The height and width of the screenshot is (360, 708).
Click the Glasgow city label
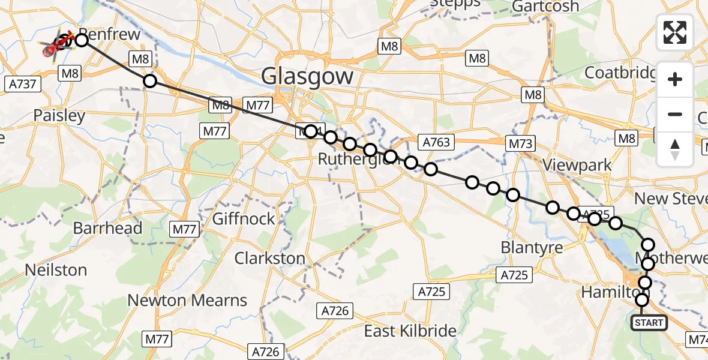click(307, 77)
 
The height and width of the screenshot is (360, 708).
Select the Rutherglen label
click(354, 160)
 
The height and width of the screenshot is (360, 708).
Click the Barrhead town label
click(107, 229)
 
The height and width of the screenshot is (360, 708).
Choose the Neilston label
click(56, 270)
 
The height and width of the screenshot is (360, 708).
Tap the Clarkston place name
click(269, 259)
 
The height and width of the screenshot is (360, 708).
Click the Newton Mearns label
click(187, 300)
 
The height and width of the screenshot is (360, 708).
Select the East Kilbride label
click(410, 331)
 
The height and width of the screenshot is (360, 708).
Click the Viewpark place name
click(577, 165)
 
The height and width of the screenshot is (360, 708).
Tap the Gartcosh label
click(545, 7)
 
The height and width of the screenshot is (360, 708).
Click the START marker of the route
click(649, 323)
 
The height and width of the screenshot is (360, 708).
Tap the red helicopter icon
click(53, 48)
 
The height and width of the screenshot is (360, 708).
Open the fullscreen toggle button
click(675, 32)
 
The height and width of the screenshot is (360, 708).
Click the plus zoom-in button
click(675, 79)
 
